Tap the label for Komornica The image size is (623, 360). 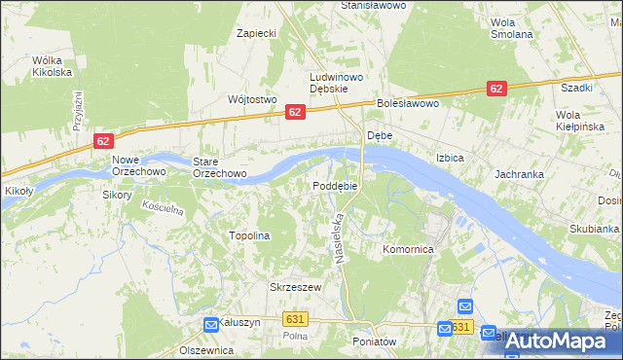click(408, 249)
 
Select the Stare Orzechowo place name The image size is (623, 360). click(219, 167)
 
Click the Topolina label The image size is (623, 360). click(248, 235)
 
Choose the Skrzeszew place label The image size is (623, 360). click(295, 287)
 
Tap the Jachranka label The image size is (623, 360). click(518, 174)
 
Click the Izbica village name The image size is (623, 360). click(450, 158)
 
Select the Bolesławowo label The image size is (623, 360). click(409, 103)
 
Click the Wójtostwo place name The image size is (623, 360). click(252, 99)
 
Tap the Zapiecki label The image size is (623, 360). click(257, 33)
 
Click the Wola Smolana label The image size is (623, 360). click(512, 28)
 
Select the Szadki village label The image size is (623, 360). click(577, 87)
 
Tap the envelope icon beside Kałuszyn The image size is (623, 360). click(211, 324)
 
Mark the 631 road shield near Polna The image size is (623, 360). click(297, 318)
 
